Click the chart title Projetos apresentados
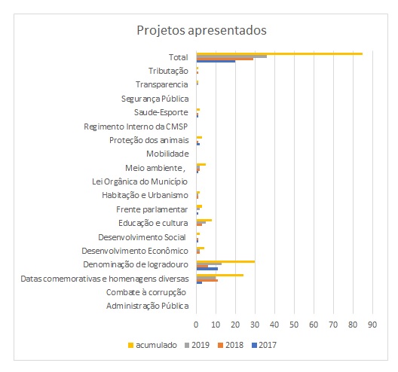click(x=201, y=30)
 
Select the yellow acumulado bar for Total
click(x=280, y=53)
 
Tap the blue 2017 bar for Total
click(x=216, y=61)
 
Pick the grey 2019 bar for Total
click(x=231, y=56)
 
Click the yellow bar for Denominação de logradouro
click(x=225, y=262)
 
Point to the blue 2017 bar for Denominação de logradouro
click(x=207, y=269)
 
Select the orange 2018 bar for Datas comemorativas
click(x=207, y=280)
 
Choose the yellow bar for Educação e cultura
click(x=204, y=220)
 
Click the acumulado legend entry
click(x=152, y=345)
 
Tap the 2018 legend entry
click(x=231, y=345)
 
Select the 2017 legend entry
click(x=264, y=345)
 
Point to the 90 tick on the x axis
click(x=372, y=325)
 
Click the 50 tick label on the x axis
click(x=294, y=325)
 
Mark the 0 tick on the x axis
click(x=196, y=325)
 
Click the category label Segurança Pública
click(x=155, y=99)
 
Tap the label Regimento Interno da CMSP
click(x=136, y=127)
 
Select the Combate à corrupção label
click(x=146, y=292)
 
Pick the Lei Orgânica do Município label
click(x=139, y=181)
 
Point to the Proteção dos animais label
click(x=149, y=140)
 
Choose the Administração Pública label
click(x=148, y=306)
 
